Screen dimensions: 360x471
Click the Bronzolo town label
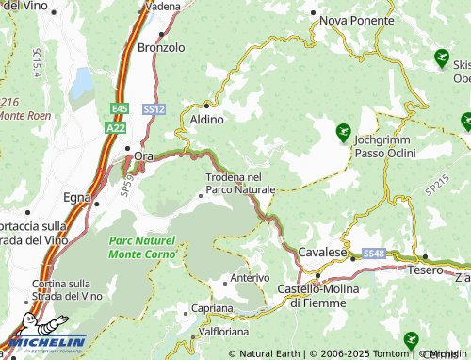[x=156, y=46]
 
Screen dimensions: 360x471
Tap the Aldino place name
[x=207, y=120]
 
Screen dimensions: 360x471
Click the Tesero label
[x=425, y=270]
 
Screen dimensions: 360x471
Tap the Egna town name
[x=76, y=197]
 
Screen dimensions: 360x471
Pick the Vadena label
[x=162, y=7]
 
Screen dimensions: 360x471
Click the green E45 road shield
[x=117, y=108]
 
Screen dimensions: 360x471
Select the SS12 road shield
[x=154, y=109]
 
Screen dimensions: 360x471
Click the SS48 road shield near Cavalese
[x=373, y=254]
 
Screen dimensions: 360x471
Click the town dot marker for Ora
[x=129, y=149]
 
